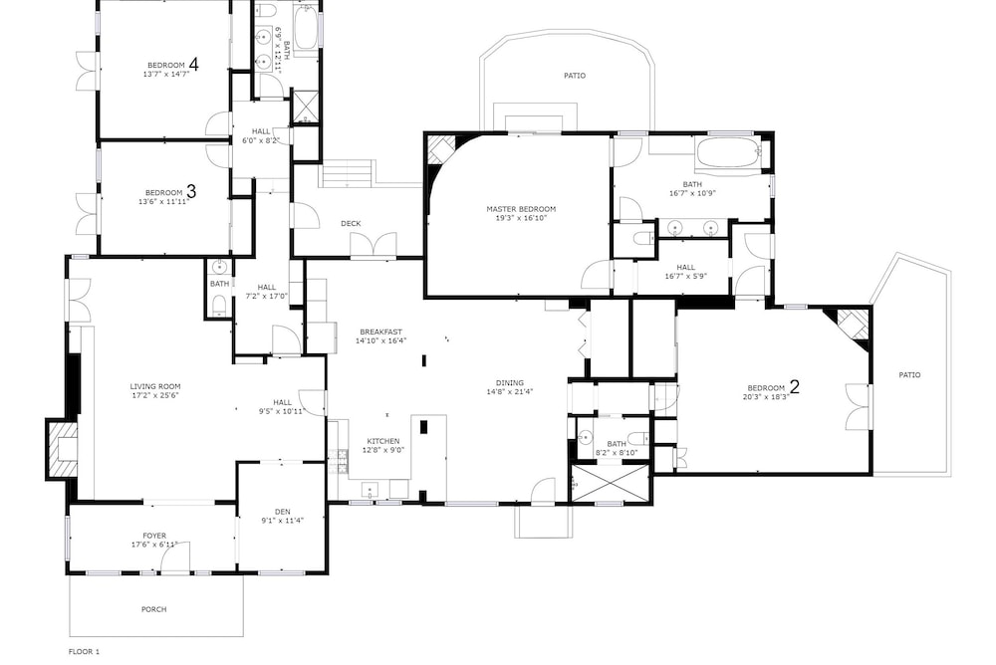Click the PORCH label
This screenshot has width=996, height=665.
coord(153,609)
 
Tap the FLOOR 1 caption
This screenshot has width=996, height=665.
coord(84,652)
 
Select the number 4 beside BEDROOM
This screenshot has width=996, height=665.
coord(193,64)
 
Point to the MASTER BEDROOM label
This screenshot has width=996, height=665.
coord(521,209)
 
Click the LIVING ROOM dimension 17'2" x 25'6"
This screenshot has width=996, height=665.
coord(155,395)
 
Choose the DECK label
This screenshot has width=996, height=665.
coord(351,224)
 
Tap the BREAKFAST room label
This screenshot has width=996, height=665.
coord(381,332)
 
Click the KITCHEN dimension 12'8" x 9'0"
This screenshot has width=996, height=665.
coord(383,450)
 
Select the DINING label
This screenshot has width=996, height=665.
coord(509,382)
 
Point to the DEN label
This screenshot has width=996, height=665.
coord(283,512)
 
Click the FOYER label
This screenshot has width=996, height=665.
coord(154,536)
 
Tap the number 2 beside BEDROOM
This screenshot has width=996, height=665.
coord(794,386)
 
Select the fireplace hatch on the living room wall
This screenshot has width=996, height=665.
coord(63,448)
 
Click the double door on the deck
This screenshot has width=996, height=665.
coord(373,245)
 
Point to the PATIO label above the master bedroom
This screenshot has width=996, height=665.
coord(575,76)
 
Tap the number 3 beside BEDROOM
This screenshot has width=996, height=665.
coord(190,191)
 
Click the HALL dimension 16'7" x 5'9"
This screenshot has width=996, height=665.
coord(686,277)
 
